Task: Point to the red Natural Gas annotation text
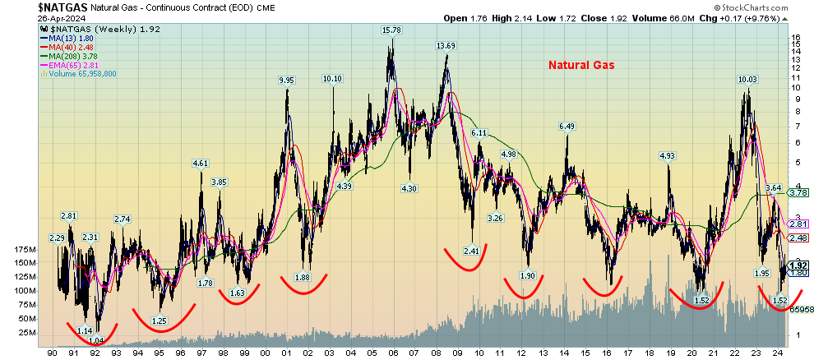coord(583,63)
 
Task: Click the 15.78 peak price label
coord(391,30)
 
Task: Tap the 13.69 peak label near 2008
coord(446,46)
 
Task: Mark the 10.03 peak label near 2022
coord(747,80)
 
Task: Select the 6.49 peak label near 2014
coord(567,126)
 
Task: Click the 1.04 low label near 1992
coord(95,340)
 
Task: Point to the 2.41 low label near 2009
coord(471,251)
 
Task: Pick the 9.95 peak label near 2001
coord(286,81)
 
